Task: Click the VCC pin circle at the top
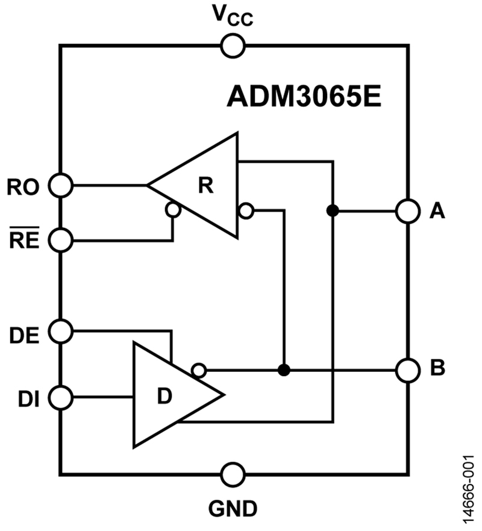point(233,46)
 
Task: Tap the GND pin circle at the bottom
point(233,474)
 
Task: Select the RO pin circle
point(61,185)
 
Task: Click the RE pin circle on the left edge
point(61,240)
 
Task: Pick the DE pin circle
point(61,331)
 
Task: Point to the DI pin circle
point(61,397)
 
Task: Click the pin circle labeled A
point(408,211)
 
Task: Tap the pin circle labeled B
point(408,370)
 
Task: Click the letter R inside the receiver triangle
point(206,185)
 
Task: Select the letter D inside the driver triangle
point(164,396)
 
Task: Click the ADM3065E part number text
point(304,96)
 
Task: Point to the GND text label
point(233,509)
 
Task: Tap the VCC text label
point(233,16)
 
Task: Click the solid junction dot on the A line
point(333,210)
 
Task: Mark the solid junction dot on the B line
point(284,370)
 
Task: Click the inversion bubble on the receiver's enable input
point(173,210)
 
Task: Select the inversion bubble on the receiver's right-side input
point(246,210)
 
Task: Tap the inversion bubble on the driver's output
point(199,370)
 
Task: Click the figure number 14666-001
point(469,489)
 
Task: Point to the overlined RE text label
point(24,238)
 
